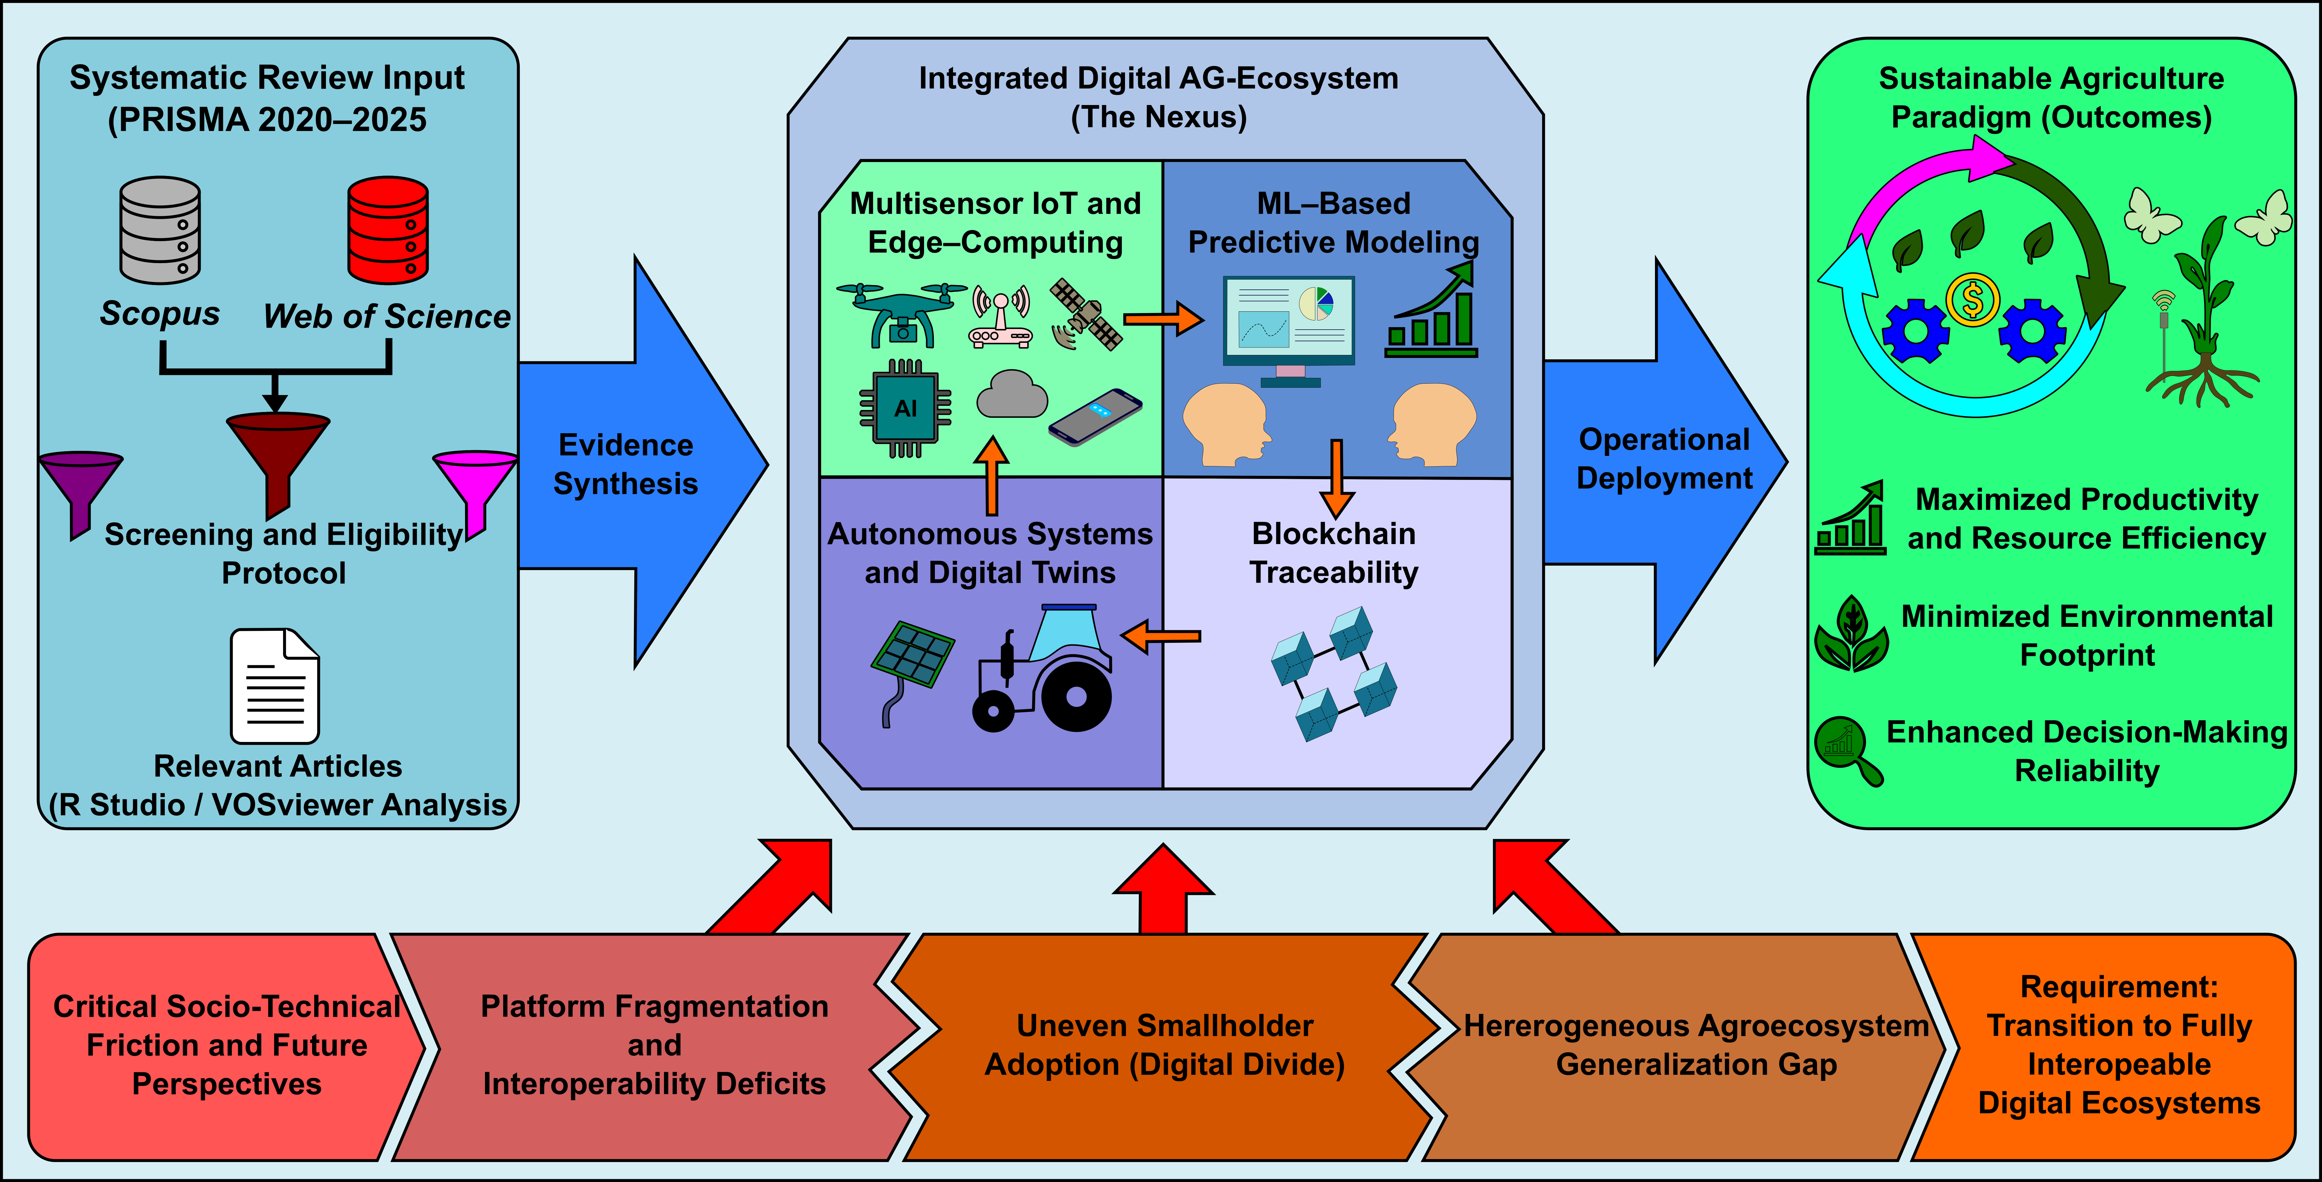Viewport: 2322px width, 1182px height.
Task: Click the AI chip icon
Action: tap(905, 408)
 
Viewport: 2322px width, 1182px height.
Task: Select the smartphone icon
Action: tap(1095, 416)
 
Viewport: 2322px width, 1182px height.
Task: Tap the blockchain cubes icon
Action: tap(1334, 672)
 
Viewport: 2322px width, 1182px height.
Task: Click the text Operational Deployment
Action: tap(1664, 459)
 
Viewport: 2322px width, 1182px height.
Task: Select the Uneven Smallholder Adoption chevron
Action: tap(1165, 1046)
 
